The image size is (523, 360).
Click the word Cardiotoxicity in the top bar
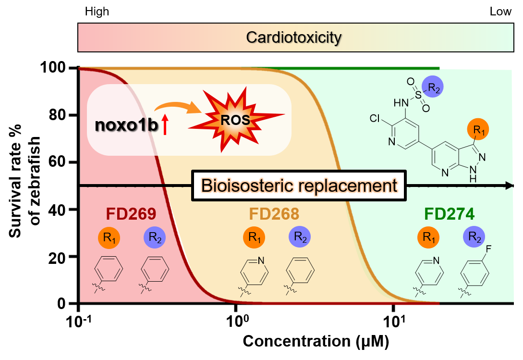click(293, 37)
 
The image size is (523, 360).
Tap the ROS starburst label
click(235, 120)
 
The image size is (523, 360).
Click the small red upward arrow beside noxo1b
click(165, 127)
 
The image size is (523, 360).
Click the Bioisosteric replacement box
click(299, 186)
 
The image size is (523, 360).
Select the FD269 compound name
click(131, 214)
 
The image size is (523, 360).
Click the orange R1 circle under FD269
click(109, 237)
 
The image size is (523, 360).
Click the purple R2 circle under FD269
click(155, 237)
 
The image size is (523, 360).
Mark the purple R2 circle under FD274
click(474, 237)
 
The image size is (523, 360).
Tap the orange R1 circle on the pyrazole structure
click(478, 130)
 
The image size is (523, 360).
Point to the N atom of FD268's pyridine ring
click(261, 261)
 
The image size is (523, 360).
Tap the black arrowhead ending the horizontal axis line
click(510, 186)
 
